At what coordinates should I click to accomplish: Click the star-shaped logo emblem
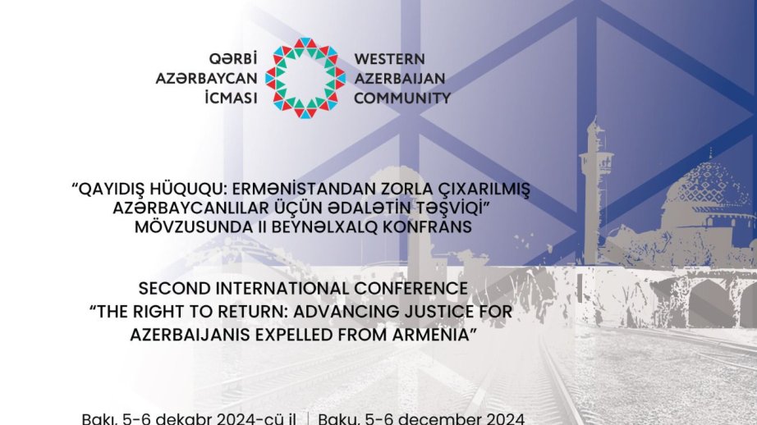tap(305, 78)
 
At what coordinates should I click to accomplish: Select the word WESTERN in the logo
tap(388, 59)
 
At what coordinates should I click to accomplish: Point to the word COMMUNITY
tap(401, 98)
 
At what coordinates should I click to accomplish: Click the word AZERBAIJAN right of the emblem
tap(399, 78)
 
